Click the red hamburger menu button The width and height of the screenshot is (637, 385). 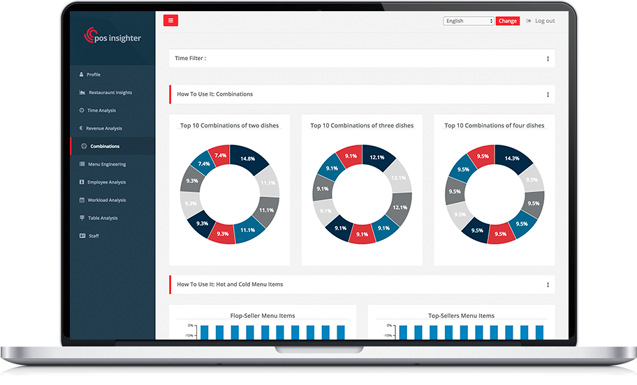pos(170,20)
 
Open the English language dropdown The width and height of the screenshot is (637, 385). pos(469,21)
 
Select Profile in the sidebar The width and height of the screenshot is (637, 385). pos(94,75)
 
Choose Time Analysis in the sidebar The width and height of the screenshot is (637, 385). pos(101,110)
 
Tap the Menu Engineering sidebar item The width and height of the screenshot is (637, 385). pos(106,164)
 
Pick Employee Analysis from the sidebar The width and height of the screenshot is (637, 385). pos(106,182)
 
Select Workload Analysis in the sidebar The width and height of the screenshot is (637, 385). pos(106,201)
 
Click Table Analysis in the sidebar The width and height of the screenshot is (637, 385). pos(102,218)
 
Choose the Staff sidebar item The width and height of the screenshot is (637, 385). pos(94,236)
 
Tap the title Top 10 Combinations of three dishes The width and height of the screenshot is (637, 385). pos(362,126)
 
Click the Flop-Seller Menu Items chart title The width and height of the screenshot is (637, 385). pos(263,316)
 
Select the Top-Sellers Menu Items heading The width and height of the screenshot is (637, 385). pos(461,316)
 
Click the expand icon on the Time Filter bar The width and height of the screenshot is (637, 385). pos(548,59)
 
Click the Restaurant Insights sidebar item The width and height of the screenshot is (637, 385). pos(110,93)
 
